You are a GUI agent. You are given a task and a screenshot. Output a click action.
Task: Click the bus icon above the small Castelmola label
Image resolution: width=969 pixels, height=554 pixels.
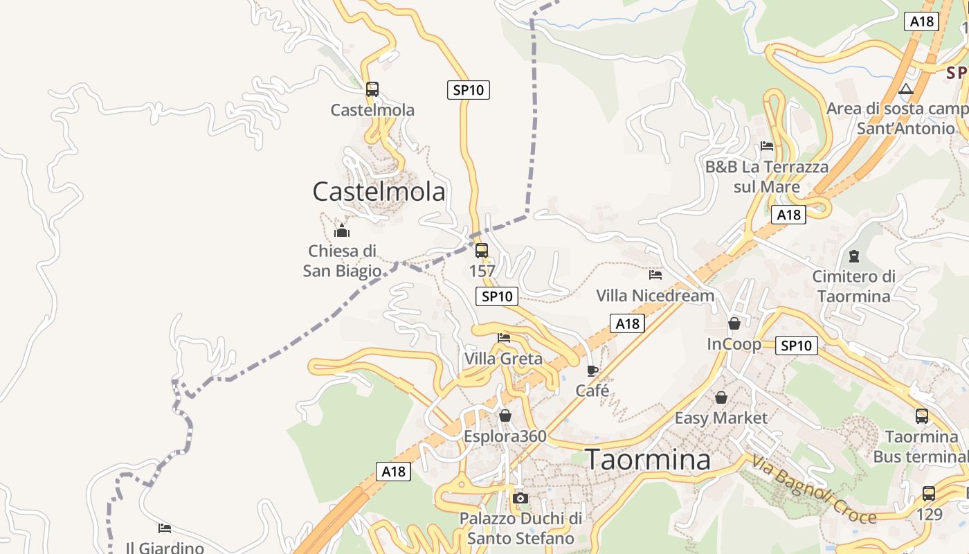(x=372, y=89)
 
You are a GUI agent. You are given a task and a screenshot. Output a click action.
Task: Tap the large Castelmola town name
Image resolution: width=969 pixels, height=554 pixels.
(x=379, y=191)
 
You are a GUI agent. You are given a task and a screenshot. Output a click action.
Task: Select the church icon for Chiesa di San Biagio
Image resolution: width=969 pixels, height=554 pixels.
(x=341, y=231)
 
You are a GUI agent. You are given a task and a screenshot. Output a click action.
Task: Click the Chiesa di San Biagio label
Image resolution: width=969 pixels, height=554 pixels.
(x=342, y=260)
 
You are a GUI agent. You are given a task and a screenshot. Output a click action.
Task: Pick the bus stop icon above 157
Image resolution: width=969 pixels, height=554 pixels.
(x=482, y=251)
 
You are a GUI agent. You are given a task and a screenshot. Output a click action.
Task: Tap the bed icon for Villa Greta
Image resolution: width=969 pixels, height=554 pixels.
(x=504, y=338)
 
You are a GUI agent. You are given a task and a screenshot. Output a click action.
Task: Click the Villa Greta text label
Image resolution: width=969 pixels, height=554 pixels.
(x=503, y=359)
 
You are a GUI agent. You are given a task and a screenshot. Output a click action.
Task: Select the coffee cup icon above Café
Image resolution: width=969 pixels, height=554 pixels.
(x=592, y=370)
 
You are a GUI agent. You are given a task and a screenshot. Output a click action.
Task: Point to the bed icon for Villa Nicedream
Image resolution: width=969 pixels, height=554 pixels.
(x=655, y=275)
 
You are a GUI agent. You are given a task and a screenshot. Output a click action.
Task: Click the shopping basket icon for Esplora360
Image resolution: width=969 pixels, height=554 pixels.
(x=505, y=415)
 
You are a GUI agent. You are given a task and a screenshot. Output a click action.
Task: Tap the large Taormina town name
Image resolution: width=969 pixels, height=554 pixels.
(x=648, y=459)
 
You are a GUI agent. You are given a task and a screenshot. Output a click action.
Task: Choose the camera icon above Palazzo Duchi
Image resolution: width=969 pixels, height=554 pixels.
(x=520, y=498)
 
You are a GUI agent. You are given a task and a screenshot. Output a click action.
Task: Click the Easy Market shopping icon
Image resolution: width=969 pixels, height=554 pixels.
(x=721, y=397)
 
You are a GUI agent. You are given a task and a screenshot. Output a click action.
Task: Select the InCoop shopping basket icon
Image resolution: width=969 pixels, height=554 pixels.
(x=734, y=323)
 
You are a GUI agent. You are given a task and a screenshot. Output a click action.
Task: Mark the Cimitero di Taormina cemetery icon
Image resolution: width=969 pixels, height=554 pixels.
(x=853, y=256)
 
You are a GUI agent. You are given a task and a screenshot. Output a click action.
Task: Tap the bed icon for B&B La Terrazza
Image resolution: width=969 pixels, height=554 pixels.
(x=767, y=146)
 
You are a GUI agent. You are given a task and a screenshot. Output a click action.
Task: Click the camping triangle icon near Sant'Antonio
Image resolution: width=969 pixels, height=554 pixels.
(x=906, y=89)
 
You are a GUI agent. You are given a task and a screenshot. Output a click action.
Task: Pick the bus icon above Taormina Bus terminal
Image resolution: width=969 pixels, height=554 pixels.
(x=922, y=416)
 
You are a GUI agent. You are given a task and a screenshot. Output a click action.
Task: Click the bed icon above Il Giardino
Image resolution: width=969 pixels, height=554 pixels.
(x=164, y=528)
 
